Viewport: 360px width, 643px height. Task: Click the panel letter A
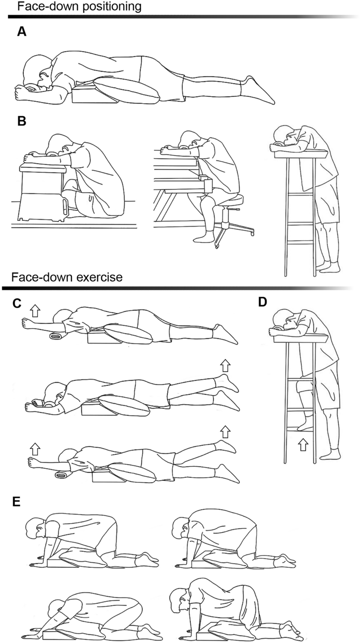(x=22, y=32)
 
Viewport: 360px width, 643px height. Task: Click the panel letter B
(x=22, y=121)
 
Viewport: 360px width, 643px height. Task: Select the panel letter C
(x=16, y=303)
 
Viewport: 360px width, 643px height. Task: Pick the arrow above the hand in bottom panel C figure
(x=34, y=448)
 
